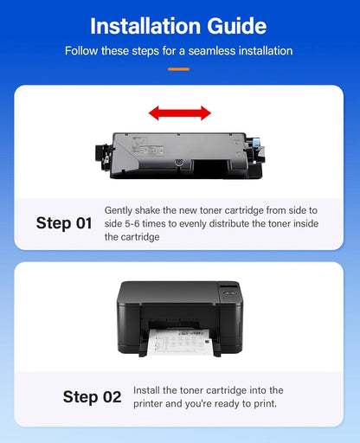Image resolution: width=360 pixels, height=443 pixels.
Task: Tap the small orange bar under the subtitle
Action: coord(179,67)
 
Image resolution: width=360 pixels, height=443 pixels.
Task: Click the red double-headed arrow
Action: coord(179,112)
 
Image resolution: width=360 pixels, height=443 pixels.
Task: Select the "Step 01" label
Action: coord(64,223)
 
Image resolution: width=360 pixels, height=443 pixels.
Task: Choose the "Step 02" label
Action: coord(92,397)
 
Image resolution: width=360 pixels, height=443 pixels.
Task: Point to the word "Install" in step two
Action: coord(148,391)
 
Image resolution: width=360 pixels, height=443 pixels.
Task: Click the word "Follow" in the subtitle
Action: coord(83,51)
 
